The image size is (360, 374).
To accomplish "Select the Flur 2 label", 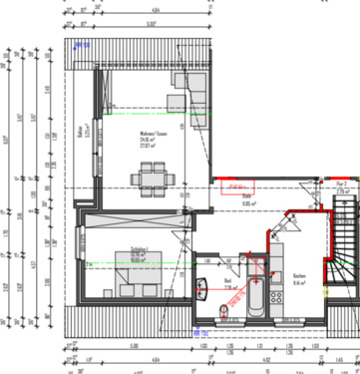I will coord(341,187).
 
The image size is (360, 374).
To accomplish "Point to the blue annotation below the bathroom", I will coord(198,330).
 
